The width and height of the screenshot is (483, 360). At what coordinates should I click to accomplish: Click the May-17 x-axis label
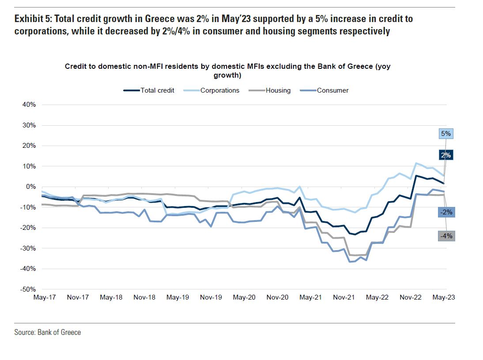(x=45, y=298)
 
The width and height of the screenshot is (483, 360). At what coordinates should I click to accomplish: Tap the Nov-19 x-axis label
(x=211, y=298)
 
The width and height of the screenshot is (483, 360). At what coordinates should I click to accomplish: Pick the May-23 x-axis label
(x=443, y=298)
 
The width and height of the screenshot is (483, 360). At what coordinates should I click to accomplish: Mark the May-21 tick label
(x=310, y=298)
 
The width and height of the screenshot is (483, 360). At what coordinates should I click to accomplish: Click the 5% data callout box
(x=445, y=134)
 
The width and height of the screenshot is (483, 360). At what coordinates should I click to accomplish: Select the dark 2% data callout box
(x=445, y=155)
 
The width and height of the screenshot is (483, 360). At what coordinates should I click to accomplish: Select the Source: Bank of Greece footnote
(x=48, y=332)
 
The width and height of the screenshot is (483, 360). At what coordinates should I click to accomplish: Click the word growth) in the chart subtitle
(x=227, y=75)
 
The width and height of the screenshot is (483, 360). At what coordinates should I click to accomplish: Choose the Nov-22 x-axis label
(x=410, y=298)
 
